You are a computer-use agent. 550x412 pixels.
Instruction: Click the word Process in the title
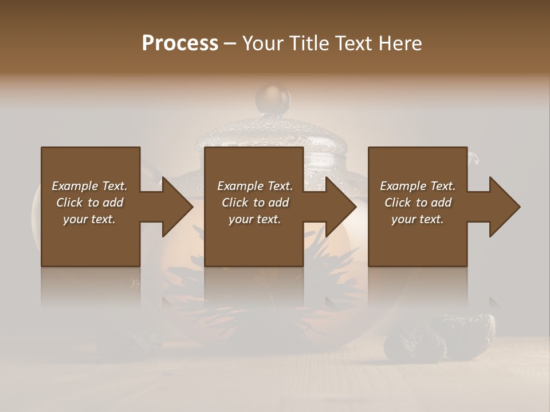pyautogui.click(x=180, y=43)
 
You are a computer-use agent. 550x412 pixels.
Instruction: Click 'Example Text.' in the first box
pyautogui.click(x=89, y=186)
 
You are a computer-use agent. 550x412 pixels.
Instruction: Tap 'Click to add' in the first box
pyautogui.click(x=89, y=203)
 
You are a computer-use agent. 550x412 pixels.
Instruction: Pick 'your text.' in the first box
pyautogui.click(x=89, y=219)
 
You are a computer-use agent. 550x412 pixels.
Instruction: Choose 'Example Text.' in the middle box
pyautogui.click(x=255, y=186)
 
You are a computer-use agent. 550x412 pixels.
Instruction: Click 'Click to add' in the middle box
pyautogui.click(x=255, y=203)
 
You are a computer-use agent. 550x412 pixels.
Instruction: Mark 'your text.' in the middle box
pyautogui.click(x=255, y=219)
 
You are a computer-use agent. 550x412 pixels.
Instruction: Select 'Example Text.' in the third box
pyautogui.click(x=418, y=186)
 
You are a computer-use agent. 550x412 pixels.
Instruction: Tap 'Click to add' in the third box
pyautogui.click(x=418, y=203)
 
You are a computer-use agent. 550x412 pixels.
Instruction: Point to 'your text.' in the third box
pyautogui.click(x=418, y=219)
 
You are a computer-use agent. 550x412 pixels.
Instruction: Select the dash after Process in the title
pyautogui.click(x=230, y=43)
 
